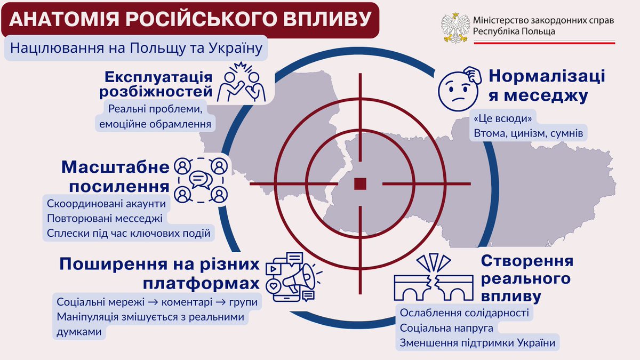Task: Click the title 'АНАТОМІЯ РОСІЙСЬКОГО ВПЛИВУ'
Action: click(190, 19)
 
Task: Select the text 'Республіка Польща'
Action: click(514, 31)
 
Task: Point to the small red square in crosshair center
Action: click(361, 183)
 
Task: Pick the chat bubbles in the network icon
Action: click(201, 180)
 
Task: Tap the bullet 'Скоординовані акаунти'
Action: click(107, 204)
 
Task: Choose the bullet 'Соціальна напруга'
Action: click(446, 327)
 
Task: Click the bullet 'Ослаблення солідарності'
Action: click(464, 313)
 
